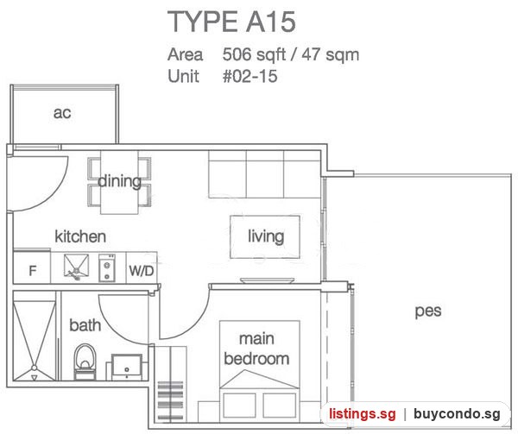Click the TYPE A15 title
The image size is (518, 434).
tap(231, 22)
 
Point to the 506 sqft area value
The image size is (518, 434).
tap(254, 54)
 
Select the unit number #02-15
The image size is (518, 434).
tap(250, 76)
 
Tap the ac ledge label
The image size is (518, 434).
tap(62, 113)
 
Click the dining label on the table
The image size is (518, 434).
tap(120, 181)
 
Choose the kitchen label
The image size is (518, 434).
tap(80, 236)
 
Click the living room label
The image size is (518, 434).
tap(266, 236)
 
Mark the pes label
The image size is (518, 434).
tap(428, 311)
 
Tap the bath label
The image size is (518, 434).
tap(85, 325)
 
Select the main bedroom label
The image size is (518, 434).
tap(256, 349)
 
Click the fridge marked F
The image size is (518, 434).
tap(32, 267)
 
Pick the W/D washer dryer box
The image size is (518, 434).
tap(142, 267)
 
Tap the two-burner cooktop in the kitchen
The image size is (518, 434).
tap(107, 267)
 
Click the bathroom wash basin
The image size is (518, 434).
tap(127, 367)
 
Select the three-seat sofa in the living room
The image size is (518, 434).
tap(265, 174)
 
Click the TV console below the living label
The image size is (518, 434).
tap(268, 280)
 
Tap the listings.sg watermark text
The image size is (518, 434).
tap(362, 414)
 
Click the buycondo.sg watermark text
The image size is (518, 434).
tap(457, 414)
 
